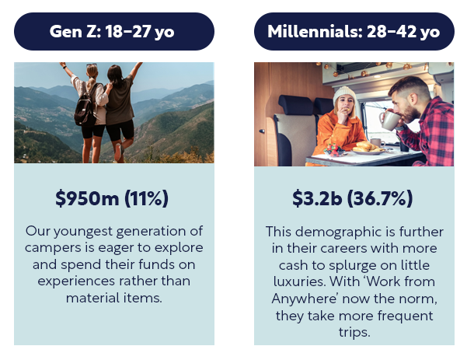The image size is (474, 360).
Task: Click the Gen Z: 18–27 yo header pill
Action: [114, 31]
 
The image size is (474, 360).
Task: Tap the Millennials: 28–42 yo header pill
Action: [354, 31]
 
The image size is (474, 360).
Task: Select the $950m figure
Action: [87, 198]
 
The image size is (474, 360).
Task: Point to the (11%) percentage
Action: [146, 198]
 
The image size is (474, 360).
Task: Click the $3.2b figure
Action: [317, 198]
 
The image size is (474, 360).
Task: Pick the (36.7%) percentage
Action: [380, 198]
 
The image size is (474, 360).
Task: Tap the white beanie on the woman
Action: [344, 94]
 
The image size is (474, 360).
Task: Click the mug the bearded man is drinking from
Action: [389, 121]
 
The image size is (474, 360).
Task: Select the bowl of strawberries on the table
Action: [334, 150]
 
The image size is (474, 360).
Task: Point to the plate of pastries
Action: [368, 149]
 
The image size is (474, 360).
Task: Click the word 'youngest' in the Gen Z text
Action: [83, 232]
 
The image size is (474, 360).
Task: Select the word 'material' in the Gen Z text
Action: [89, 298]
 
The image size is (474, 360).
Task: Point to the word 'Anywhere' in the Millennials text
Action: [305, 299]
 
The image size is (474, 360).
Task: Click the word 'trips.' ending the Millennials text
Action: [354, 332]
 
